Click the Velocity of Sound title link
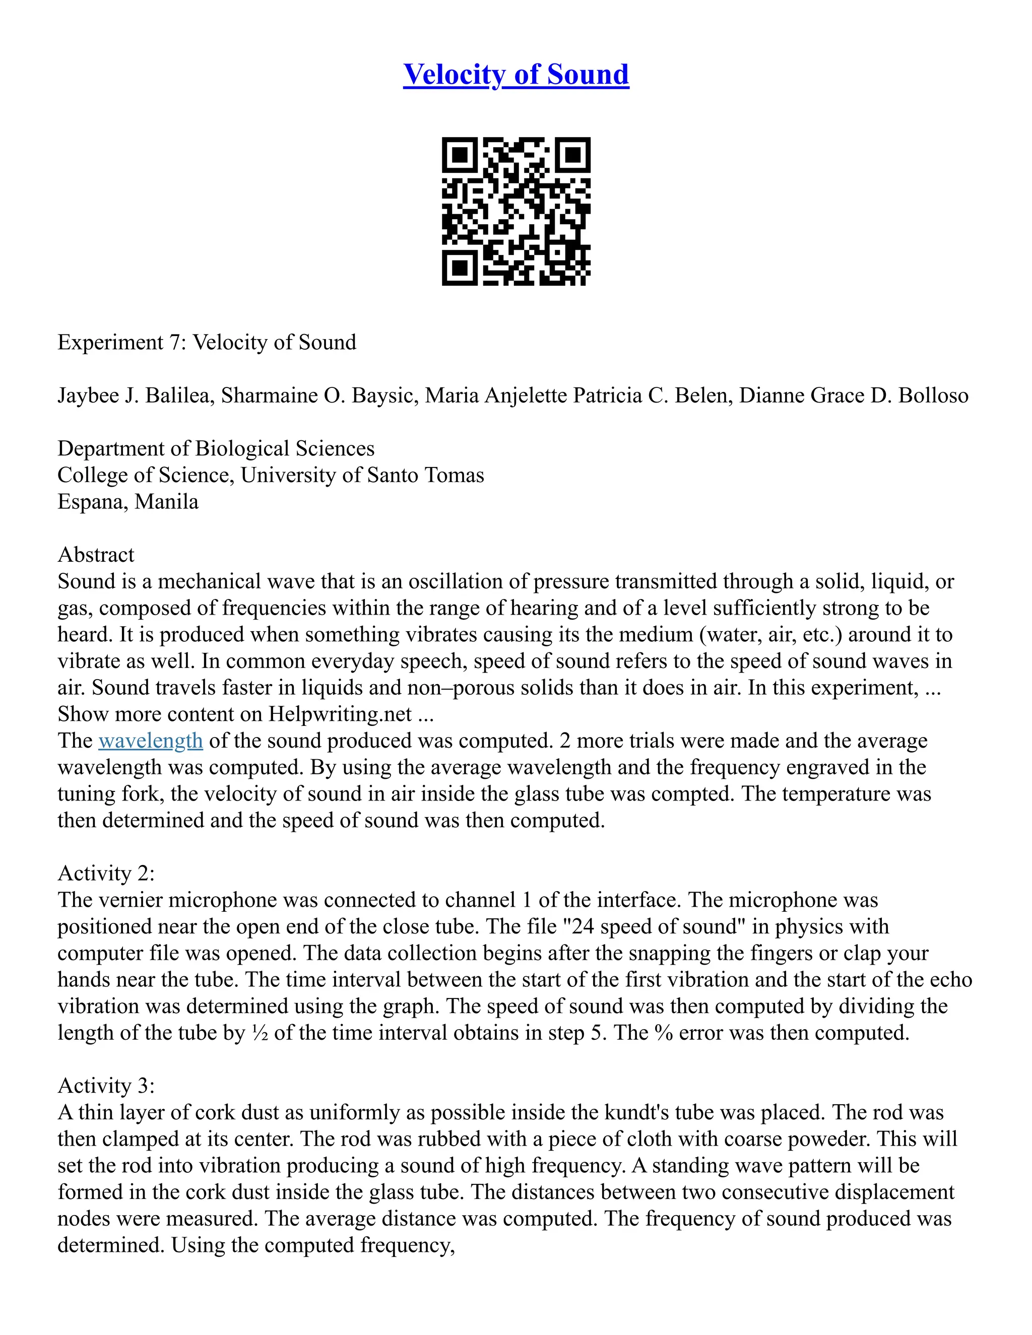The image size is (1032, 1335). (515, 75)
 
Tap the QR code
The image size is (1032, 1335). (515, 211)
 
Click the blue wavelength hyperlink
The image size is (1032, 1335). (150, 741)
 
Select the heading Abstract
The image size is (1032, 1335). (96, 555)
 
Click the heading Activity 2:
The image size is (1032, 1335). (106, 874)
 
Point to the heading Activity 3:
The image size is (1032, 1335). (106, 1086)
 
